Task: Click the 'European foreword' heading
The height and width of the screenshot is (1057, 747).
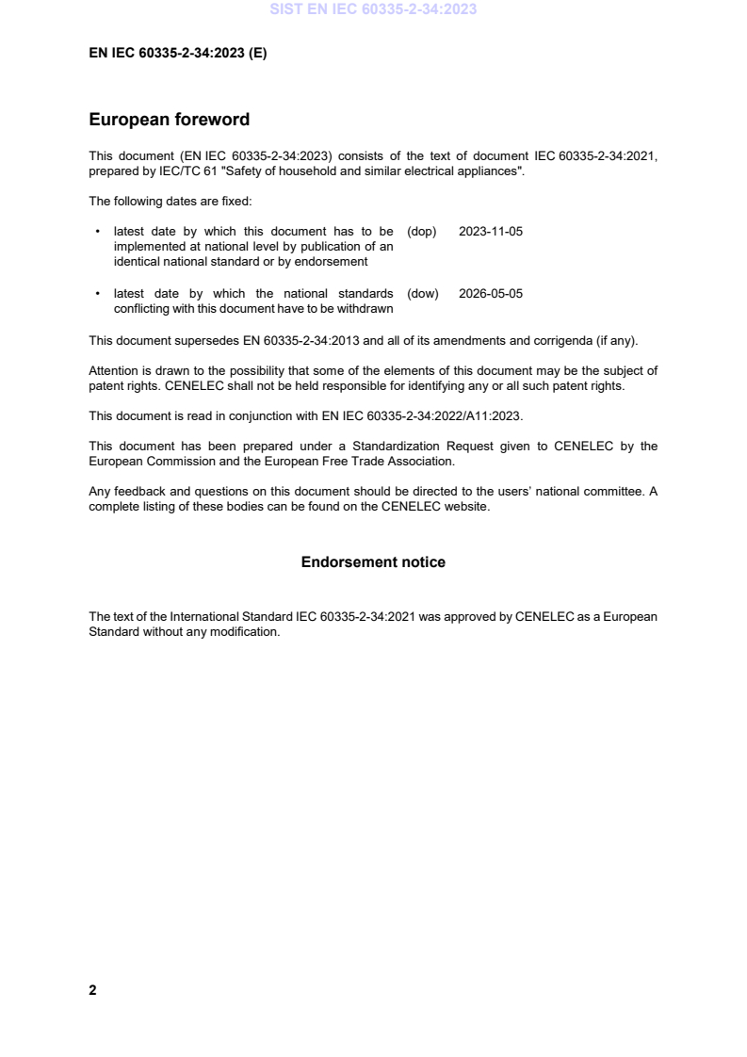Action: click(169, 120)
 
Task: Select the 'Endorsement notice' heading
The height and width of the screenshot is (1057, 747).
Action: click(373, 562)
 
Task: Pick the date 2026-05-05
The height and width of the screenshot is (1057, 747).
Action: click(490, 294)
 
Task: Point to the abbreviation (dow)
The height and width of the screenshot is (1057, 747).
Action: click(423, 294)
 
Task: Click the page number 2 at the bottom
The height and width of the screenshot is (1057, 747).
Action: click(92, 990)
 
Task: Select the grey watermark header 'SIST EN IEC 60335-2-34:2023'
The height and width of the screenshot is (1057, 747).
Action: click(373, 9)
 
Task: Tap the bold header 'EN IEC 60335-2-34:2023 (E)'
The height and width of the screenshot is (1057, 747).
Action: click(177, 54)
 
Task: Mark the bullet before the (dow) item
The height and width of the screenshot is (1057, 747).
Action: click(99, 294)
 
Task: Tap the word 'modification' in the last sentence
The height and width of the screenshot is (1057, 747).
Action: click(249, 631)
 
